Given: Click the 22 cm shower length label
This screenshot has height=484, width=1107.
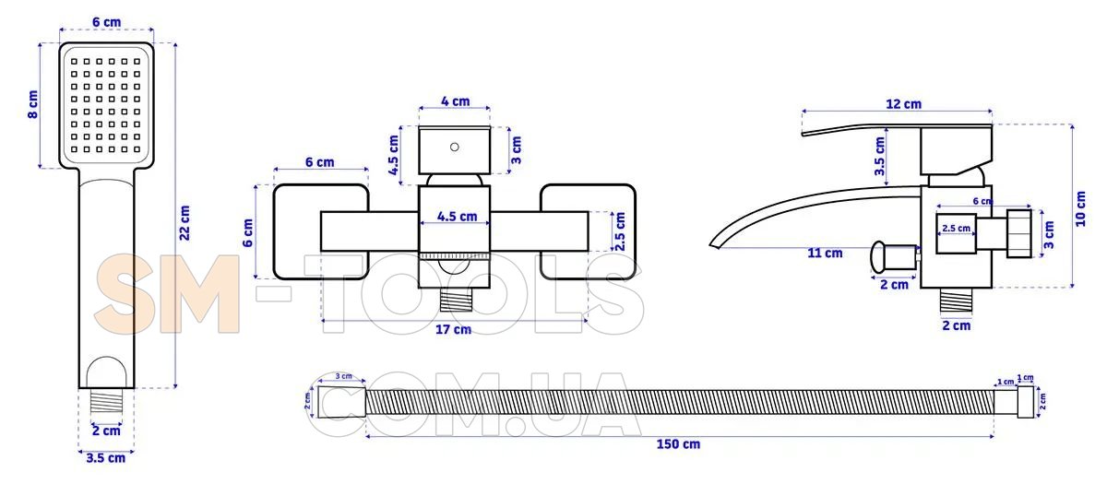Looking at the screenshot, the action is coord(184,223).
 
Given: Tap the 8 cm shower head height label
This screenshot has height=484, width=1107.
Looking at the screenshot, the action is coord(32,104).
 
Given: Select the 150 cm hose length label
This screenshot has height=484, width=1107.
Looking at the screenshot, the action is coord(678,444).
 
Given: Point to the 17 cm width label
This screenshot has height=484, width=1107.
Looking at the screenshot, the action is coord(453,329).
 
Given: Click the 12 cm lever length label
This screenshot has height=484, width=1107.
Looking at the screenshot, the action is coord(903,104).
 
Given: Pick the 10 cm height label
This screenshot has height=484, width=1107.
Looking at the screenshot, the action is coord(1081,208).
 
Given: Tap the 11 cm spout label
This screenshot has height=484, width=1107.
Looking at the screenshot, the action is coord(825,253).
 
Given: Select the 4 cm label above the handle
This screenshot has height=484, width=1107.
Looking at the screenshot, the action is coord(455,101).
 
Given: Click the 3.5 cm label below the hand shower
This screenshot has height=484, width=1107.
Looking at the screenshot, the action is coord(106,458).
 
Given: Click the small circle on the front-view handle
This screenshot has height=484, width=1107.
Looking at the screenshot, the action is coord(454,147).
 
